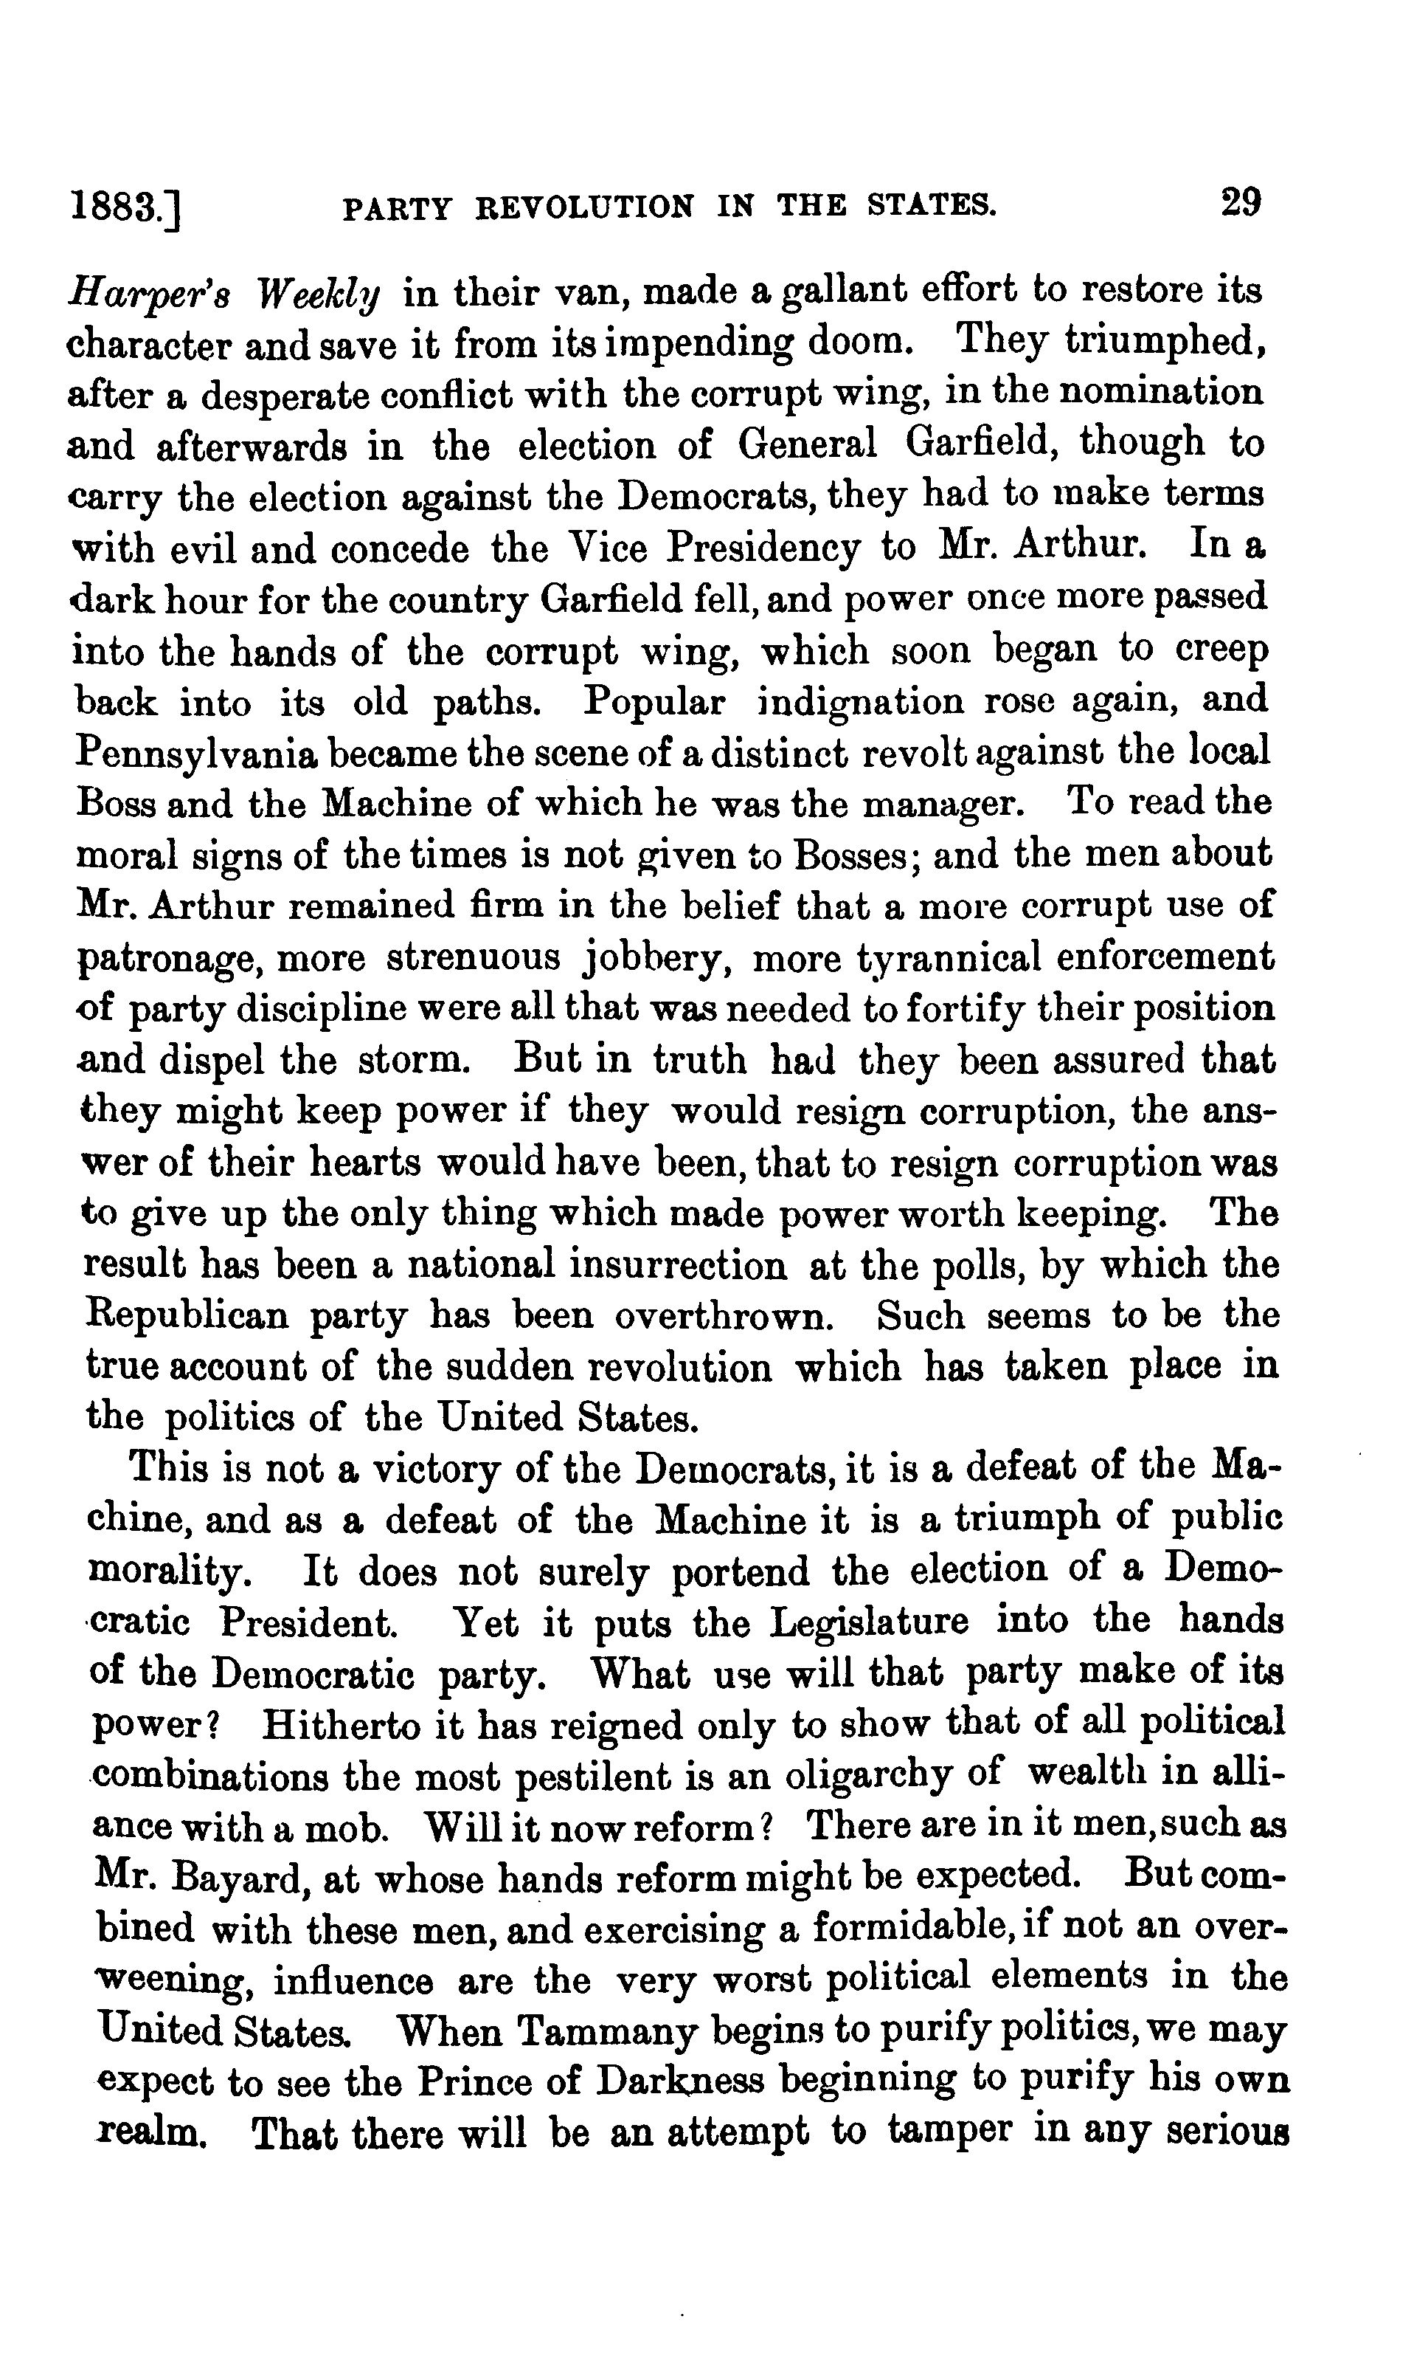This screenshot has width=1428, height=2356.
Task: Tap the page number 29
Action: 1240,204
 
